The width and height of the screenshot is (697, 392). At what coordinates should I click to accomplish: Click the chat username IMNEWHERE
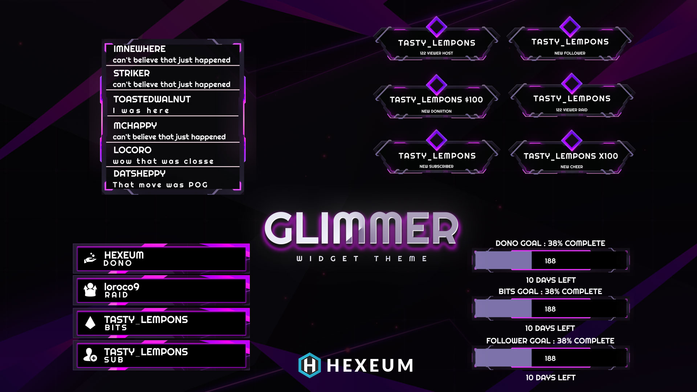pos(139,49)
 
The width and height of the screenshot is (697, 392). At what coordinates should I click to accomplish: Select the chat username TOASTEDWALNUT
pos(152,99)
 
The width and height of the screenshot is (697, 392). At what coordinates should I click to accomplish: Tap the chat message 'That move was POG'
pos(160,185)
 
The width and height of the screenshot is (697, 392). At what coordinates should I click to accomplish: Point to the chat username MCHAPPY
pos(135,126)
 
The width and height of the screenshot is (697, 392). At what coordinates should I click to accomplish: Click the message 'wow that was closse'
pos(163,162)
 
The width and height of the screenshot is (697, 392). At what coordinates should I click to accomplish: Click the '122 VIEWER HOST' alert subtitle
pos(436,53)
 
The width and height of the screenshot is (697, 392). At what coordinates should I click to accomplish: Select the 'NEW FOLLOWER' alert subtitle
pos(570,53)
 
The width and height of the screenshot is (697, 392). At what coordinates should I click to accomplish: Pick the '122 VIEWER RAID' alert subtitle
pos(571,110)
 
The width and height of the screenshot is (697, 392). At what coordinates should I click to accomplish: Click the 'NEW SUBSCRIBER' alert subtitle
pos(436,167)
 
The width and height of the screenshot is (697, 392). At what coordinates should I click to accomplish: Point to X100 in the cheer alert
pos(608,156)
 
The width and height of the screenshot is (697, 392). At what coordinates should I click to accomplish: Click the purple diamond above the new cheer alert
pos(572,140)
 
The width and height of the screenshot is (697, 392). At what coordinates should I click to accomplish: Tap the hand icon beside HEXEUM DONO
pos(90,258)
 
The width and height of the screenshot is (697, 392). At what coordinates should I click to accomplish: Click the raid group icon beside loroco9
pos(90,290)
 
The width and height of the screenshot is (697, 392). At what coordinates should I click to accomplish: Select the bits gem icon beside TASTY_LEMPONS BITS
pos(90,322)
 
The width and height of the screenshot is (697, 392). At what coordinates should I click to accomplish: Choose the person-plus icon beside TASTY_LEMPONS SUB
pos(90,355)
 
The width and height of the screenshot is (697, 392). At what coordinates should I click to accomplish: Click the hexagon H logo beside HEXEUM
pos(310,365)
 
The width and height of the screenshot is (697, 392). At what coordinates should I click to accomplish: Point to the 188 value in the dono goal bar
pos(550,261)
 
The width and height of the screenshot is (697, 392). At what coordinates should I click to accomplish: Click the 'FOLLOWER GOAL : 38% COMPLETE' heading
pos(550,341)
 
